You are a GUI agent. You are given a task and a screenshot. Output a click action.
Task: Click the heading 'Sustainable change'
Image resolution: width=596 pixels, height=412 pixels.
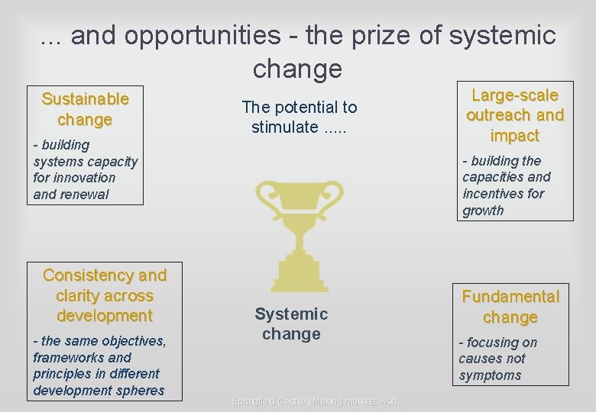[x=85, y=109]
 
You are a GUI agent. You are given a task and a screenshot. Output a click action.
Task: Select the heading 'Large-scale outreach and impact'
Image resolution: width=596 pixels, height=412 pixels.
[x=514, y=115]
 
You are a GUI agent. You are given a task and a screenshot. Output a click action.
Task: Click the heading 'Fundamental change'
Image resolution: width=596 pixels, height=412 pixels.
[x=510, y=307]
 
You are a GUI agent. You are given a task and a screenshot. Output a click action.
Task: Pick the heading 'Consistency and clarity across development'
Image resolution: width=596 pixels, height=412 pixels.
[x=105, y=295]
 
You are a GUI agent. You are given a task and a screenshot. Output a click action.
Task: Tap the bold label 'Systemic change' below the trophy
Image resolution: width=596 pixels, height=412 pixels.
[x=291, y=323]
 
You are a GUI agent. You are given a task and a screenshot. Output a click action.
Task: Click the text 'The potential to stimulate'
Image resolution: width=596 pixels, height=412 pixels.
[x=299, y=117]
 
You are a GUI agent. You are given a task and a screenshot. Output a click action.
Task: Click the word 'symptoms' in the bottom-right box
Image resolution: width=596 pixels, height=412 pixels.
[x=490, y=375]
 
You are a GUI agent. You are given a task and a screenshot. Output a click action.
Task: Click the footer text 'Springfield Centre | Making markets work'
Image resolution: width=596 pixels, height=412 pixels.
[x=315, y=401]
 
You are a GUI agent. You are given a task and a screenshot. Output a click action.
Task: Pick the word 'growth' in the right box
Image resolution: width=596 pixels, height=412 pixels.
[x=483, y=211]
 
